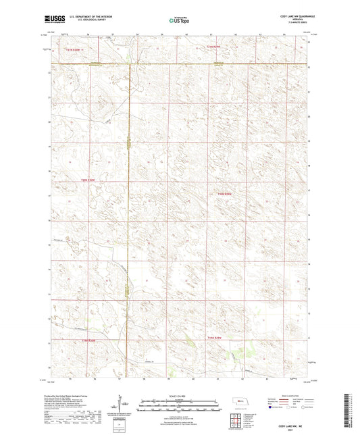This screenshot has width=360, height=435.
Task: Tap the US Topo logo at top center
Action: [x=179, y=21]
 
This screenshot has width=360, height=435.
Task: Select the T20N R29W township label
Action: [x=225, y=195]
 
